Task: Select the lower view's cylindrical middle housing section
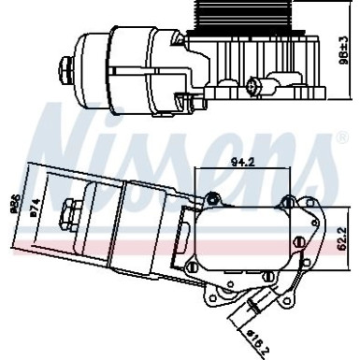pos(140,229)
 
